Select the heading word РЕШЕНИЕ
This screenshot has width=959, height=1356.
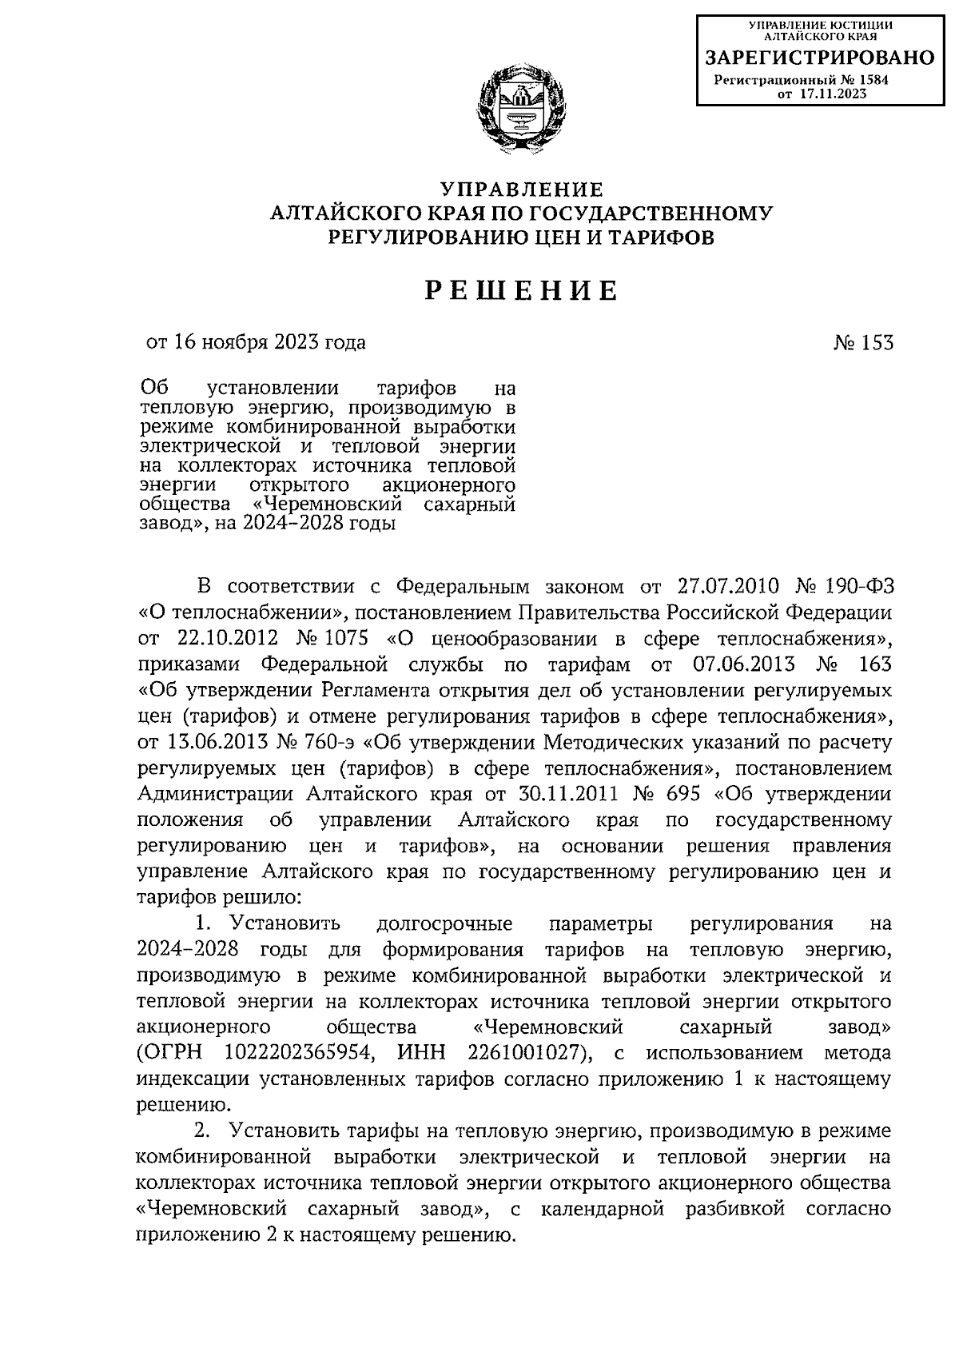521,291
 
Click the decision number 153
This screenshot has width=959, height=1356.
877,343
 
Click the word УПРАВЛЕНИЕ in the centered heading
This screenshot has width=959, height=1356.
521,190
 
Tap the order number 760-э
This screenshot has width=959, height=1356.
329,743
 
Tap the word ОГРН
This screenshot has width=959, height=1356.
169,1054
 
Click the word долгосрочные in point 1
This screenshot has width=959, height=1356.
444,924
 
